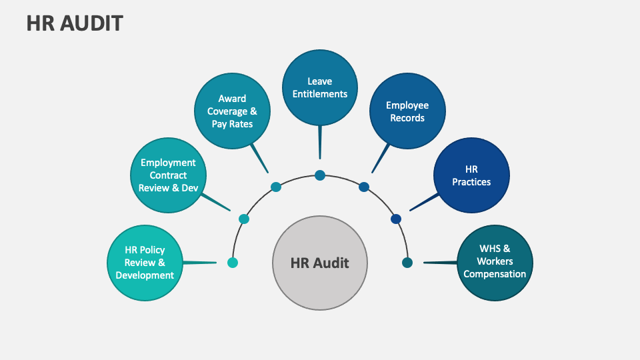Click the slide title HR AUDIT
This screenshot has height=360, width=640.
[x=75, y=23]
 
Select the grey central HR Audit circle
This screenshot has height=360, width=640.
[x=320, y=262]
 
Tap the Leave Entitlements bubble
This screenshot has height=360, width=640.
[x=320, y=87]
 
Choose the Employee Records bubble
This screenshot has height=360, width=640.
[x=407, y=111]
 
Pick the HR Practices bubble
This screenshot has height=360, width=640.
[x=471, y=175]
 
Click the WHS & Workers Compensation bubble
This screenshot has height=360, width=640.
[x=495, y=261]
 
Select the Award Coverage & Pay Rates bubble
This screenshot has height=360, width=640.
[x=233, y=111]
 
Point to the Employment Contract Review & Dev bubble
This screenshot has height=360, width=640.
[x=168, y=175]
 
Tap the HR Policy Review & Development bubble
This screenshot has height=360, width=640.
[x=145, y=262]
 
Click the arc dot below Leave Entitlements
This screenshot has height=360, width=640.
[x=320, y=175]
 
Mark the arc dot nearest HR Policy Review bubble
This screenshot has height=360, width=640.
[x=233, y=263]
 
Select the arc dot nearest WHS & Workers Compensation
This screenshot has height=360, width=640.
[x=407, y=263]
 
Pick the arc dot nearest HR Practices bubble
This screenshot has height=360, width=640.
[x=396, y=219]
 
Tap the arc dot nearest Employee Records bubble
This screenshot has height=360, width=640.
[x=364, y=187]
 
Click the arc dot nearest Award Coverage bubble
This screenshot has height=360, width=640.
[x=276, y=187]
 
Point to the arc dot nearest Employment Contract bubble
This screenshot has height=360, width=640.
[x=244, y=219]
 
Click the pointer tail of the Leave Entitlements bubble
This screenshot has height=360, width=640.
[x=320, y=143]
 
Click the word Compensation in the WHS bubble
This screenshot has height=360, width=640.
[x=495, y=274]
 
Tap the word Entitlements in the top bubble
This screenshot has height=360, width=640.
[x=320, y=94]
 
